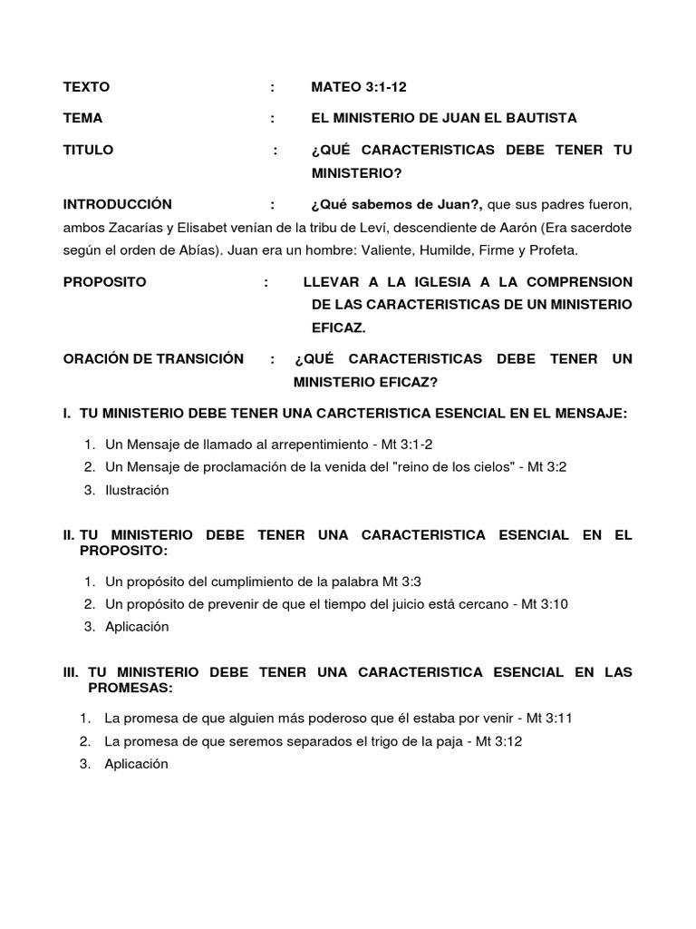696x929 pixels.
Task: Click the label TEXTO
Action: [86, 87]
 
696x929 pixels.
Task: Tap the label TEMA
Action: [82, 118]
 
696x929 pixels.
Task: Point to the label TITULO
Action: [88, 150]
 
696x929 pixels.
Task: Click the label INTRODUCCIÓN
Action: [117, 204]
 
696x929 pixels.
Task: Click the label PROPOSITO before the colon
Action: [104, 281]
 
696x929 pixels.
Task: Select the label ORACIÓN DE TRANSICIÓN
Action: [153, 358]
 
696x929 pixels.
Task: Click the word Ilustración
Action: [137, 490]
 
